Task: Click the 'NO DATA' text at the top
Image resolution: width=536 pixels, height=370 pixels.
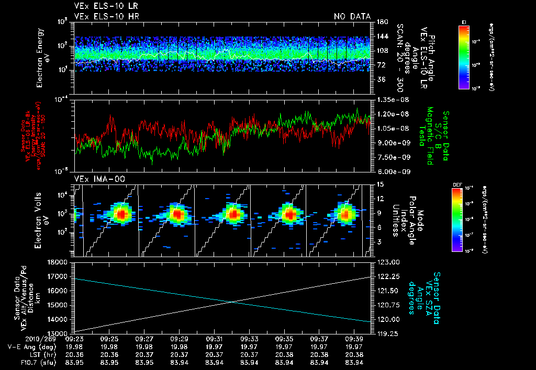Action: click(x=352, y=16)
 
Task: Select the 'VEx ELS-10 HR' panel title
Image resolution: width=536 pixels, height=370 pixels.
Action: click(x=102, y=16)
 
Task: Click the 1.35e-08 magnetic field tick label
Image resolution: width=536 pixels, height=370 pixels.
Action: click(x=392, y=99)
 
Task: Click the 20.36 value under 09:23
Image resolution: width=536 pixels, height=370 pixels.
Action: click(x=74, y=355)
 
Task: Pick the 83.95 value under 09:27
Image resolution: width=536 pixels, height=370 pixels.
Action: click(x=144, y=363)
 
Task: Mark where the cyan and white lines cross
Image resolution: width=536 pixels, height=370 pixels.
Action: click(x=232, y=301)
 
